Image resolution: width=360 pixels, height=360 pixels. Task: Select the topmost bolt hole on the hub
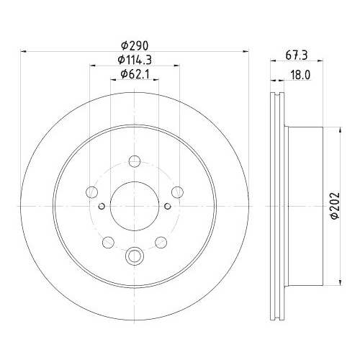pyautogui.click(x=135, y=161)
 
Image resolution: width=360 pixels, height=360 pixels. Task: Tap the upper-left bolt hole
pyautogui.click(x=91, y=192)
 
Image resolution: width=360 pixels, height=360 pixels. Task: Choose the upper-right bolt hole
pyautogui.click(x=177, y=192)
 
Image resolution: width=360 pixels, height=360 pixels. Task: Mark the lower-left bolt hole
pyautogui.click(x=108, y=242)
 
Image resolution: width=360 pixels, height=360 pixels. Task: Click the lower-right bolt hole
pyautogui.click(x=161, y=242)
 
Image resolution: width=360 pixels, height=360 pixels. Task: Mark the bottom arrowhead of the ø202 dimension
pyautogui.click(x=341, y=282)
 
